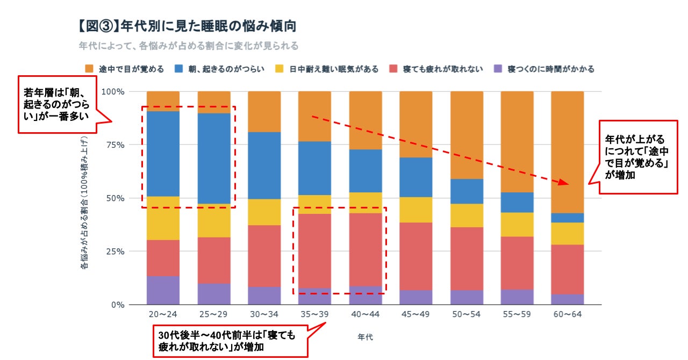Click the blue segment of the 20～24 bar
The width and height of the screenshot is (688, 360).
163,154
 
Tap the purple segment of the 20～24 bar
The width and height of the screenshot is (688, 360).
163,290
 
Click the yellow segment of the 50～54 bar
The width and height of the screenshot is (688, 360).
467,215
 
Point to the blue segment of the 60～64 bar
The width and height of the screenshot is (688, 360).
568,218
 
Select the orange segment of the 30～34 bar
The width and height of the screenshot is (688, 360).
264,112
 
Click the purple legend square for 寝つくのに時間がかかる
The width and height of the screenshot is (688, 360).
498,69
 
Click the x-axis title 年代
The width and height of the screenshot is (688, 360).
365,337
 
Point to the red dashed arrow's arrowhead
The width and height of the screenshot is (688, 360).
562,183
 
